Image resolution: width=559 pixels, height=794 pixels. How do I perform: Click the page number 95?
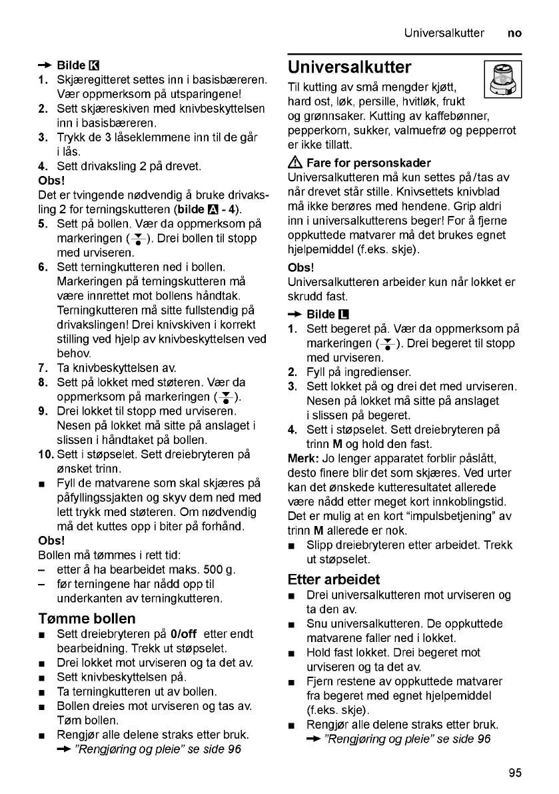pos(514,773)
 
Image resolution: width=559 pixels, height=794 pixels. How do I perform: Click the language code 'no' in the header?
pos(514,32)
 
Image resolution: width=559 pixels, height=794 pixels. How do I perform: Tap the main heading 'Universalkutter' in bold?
pos(350,67)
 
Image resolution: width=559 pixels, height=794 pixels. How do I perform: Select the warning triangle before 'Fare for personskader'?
pos(294,163)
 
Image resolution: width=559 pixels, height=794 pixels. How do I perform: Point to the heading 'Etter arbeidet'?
pos(334,579)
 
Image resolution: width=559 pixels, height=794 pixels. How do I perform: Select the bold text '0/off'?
pos(183,634)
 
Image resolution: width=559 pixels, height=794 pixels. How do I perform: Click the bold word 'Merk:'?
pos(303,459)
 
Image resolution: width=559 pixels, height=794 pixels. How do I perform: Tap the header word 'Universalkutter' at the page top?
pos(444,32)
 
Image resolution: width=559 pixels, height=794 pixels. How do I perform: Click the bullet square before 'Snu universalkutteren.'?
pos(293,624)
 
